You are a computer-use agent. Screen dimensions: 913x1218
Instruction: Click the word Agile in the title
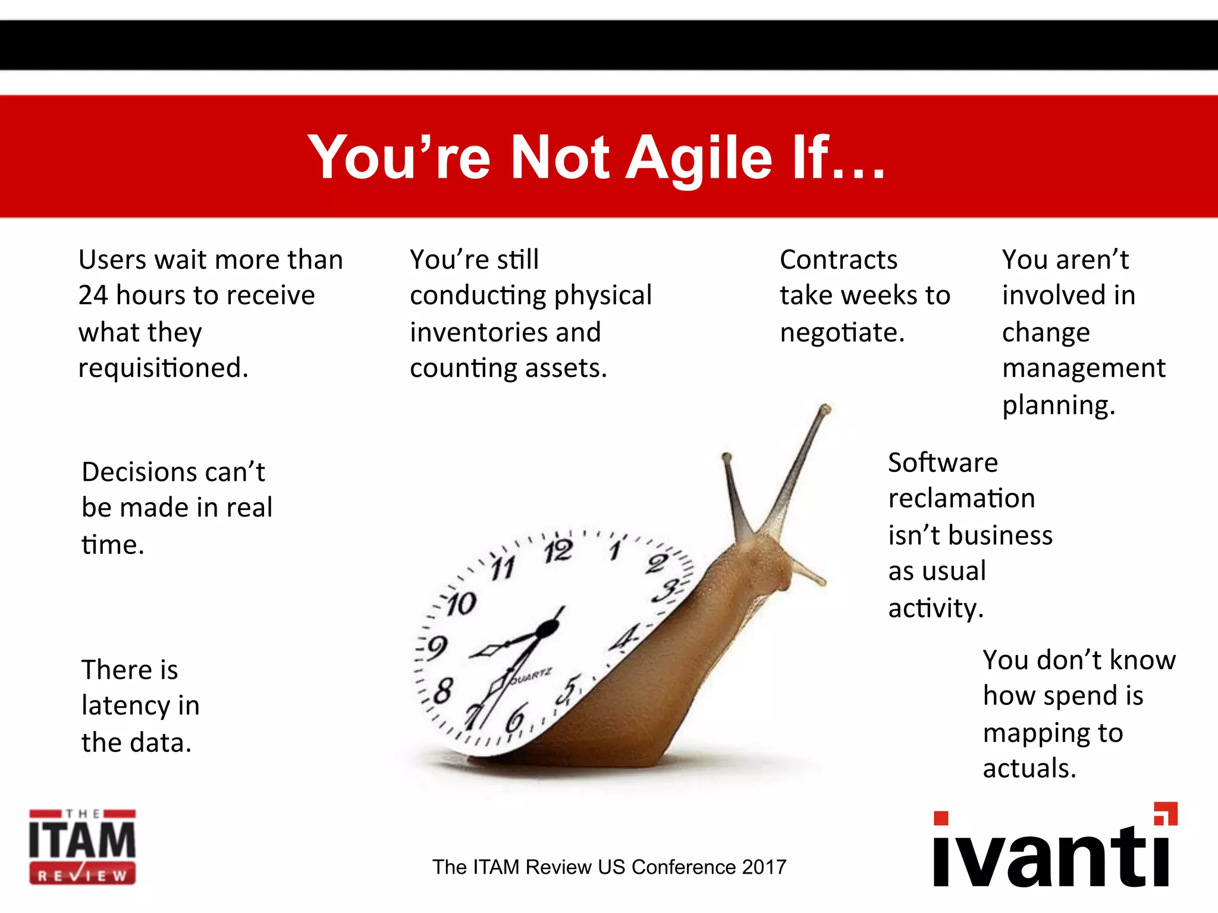point(699,158)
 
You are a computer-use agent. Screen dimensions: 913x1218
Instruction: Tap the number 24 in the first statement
point(93,295)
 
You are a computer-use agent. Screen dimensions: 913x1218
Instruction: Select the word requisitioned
point(163,369)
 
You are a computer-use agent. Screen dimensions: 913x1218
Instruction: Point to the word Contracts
point(839,260)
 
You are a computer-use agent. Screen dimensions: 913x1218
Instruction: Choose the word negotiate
point(842,333)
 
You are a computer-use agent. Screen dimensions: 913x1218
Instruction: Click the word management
point(1084,369)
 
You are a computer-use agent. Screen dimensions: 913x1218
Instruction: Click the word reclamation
point(961,498)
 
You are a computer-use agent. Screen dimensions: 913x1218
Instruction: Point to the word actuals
point(1029,769)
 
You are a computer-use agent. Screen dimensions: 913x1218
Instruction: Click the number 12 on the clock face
point(558,552)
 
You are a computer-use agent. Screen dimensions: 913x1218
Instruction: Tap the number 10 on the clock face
point(462,605)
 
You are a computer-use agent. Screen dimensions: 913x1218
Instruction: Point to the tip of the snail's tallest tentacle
point(825,408)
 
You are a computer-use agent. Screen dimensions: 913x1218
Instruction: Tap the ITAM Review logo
point(82,847)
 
